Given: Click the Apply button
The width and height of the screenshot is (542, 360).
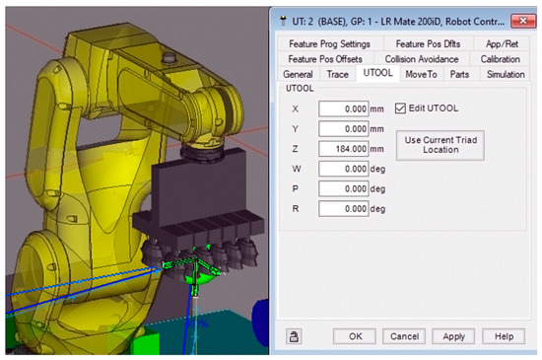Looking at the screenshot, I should (453, 336).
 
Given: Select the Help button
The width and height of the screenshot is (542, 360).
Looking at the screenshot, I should (504, 336).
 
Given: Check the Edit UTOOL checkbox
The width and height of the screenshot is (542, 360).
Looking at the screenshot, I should (401, 108).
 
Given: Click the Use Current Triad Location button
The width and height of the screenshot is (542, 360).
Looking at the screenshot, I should (440, 143).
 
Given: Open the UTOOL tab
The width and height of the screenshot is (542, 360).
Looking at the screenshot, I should (377, 74).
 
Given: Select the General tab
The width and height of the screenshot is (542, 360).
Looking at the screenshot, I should (298, 74).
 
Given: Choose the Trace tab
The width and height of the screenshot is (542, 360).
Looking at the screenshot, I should (336, 74).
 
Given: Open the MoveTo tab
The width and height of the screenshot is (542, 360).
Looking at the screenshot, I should (421, 74).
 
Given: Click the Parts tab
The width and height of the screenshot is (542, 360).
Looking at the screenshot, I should (459, 74).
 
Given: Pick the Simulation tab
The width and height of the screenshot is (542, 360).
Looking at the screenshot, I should (505, 74).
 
